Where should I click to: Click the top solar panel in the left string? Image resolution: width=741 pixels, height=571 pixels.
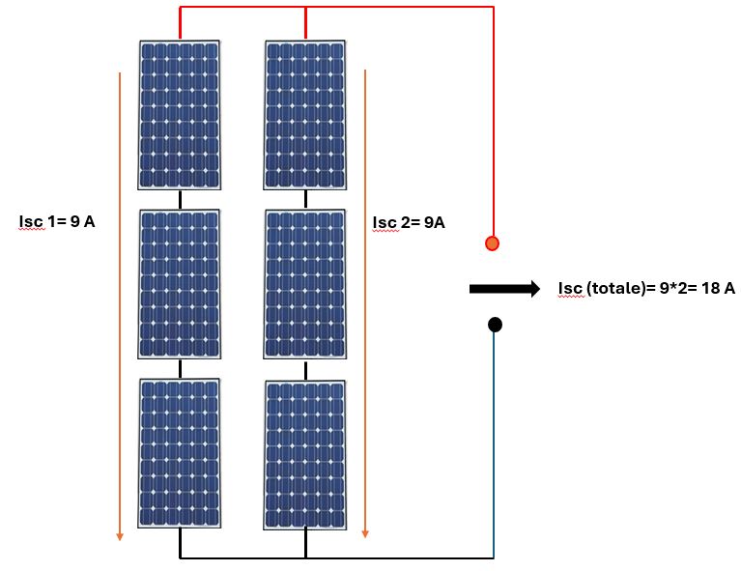(x=180, y=114)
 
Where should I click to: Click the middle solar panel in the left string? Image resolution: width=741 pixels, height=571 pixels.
(x=180, y=284)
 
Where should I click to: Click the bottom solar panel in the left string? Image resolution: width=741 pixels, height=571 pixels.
(x=180, y=452)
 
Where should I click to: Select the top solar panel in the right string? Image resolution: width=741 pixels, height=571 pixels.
(x=305, y=114)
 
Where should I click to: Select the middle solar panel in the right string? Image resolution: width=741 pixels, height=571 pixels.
(x=305, y=284)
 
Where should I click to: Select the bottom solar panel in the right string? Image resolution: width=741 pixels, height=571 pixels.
(x=305, y=454)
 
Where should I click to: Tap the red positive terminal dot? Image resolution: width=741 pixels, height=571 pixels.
(x=493, y=243)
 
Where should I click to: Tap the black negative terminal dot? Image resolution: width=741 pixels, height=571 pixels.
(x=495, y=325)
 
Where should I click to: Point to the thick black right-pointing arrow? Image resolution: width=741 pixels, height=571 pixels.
(x=503, y=288)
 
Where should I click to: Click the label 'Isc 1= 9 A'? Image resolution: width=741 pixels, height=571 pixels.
(x=57, y=221)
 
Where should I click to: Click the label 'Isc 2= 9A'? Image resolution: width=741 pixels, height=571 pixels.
(x=409, y=223)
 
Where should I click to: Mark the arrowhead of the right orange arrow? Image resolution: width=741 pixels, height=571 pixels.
(x=365, y=531)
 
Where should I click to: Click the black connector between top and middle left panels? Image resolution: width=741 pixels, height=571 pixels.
(x=180, y=199)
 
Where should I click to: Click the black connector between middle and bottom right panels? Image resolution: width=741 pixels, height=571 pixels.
(x=306, y=371)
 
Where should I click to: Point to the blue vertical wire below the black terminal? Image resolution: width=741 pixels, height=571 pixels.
(x=495, y=444)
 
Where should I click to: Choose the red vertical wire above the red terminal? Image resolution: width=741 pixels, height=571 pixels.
(x=494, y=116)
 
